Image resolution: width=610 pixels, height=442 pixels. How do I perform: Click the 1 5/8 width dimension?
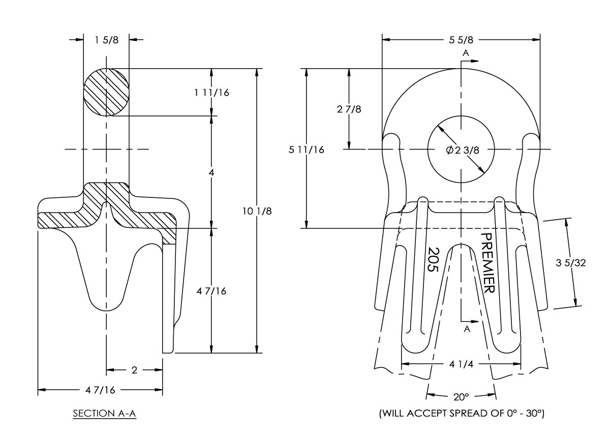[x=107, y=40]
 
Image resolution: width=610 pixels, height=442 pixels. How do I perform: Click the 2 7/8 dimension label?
[x=350, y=109]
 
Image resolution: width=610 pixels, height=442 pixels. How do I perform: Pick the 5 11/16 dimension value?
[x=307, y=150]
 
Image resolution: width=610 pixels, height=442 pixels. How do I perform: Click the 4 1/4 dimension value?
[x=461, y=364]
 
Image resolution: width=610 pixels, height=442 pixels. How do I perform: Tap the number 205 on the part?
[x=433, y=260]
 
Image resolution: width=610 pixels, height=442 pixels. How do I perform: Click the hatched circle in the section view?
[x=106, y=92]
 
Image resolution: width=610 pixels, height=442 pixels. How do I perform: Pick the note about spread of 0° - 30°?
[x=462, y=414]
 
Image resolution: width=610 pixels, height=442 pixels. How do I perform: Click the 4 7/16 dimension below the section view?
[x=100, y=390]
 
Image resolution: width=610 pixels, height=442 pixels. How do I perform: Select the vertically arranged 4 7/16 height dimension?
[x=211, y=291]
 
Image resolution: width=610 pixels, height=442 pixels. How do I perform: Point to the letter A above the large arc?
[x=465, y=53]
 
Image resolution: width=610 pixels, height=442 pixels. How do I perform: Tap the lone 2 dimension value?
[x=134, y=370]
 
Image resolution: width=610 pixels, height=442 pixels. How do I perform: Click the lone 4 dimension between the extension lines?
[x=211, y=172]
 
